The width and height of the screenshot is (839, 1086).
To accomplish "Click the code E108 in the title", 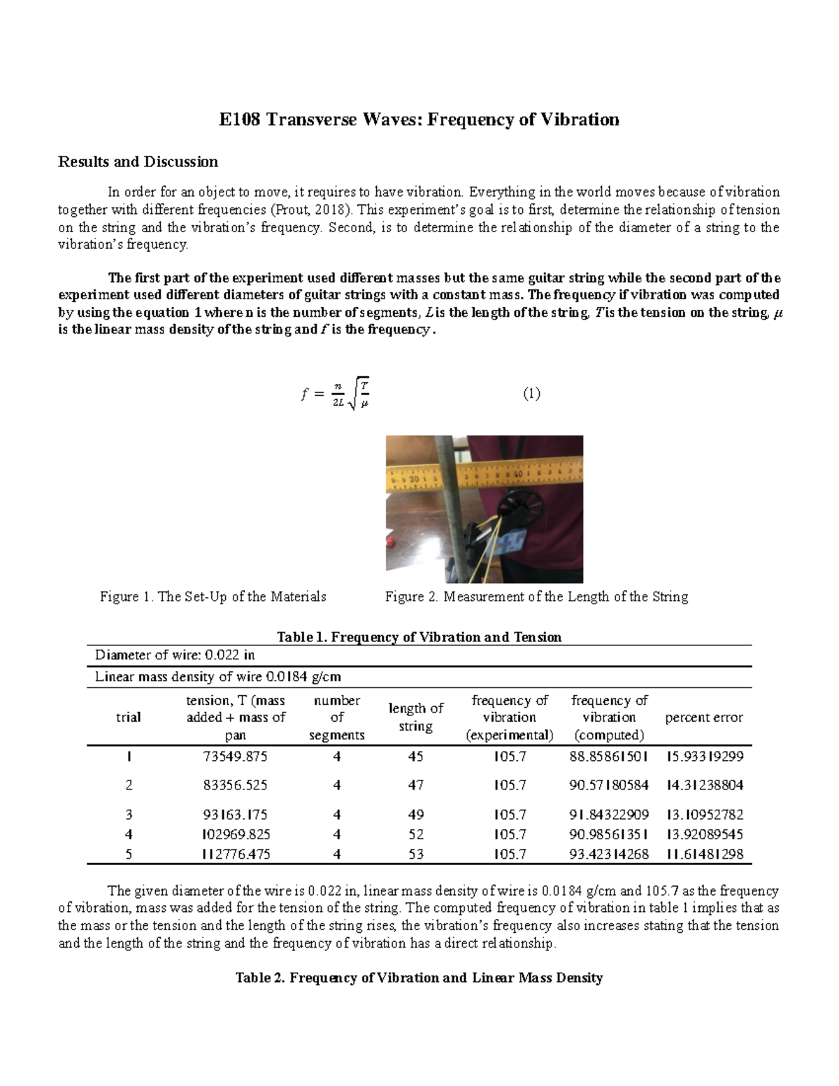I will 239,120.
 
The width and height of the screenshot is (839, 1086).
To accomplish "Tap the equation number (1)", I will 531,394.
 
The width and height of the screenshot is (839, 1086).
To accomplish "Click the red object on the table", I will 409,541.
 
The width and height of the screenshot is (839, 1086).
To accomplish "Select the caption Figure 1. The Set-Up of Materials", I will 213,596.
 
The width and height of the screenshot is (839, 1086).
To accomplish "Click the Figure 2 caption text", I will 536,596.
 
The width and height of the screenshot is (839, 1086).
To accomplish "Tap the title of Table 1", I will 419,637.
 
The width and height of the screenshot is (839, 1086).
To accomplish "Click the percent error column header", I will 703,717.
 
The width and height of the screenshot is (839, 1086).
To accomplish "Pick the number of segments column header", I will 336,717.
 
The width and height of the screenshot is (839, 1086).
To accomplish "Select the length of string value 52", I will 415,834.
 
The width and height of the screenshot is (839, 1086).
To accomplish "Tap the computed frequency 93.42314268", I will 608,854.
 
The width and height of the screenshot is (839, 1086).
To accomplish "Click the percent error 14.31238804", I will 704,785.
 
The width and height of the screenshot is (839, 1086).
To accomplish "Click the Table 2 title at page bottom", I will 419,978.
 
